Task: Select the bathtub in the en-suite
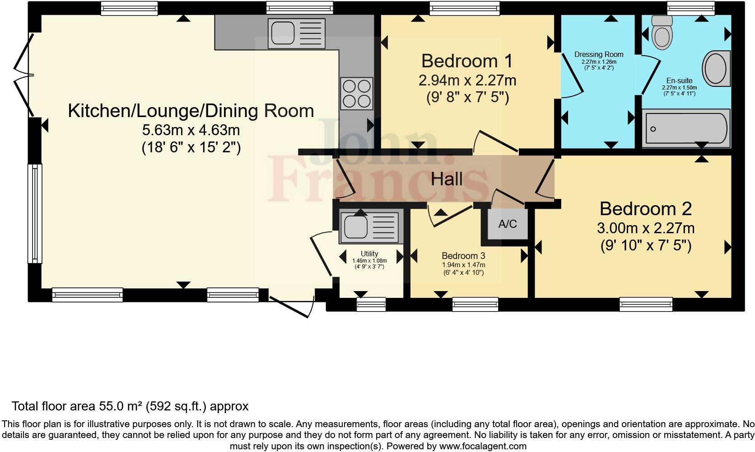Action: tap(685, 128)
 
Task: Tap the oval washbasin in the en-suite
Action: tap(716, 69)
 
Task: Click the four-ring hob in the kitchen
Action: tap(357, 94)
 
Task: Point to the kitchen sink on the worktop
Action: tap(296, 33)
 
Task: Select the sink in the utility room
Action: tap(371, 226)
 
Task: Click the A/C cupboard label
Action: tap(507, 224)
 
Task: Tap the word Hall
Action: tap(447, 179)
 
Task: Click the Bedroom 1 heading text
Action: tap(467, 61)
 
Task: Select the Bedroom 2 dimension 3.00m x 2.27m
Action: tap(646, 228)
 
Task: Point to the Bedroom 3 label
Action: tap(463, 256)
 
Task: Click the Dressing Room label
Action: tap(599, 55)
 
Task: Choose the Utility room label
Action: tap(369, 254)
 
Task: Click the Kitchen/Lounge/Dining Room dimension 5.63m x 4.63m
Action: tap(191, 130)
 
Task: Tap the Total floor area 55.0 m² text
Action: tap(130, 406)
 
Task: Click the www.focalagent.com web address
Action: tap(483, 447)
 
